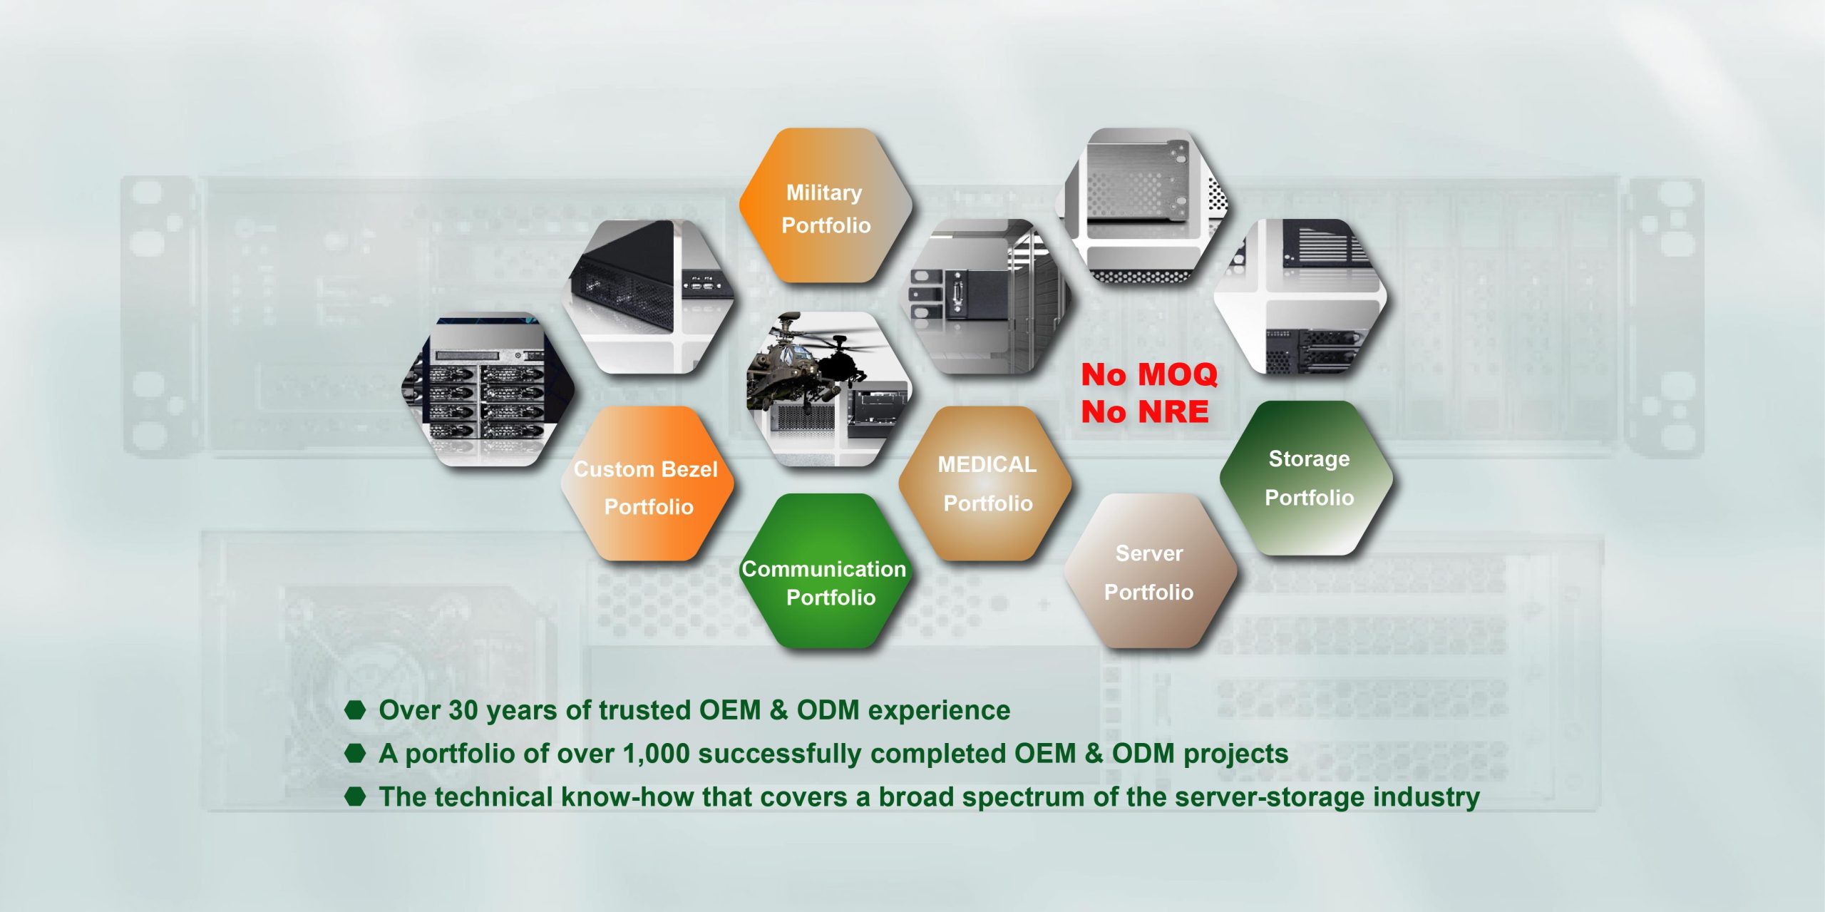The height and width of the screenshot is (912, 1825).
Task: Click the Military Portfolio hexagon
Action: (826, 205)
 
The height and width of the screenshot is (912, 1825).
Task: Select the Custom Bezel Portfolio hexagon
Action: (647, 483)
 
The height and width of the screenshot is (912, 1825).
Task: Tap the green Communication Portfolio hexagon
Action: (826, 571)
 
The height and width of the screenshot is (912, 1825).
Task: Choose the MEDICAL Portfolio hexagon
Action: (986, 483)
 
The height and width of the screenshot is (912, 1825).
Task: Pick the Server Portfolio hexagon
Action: (1149, 571)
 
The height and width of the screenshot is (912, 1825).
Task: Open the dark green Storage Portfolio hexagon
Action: (1307, 478)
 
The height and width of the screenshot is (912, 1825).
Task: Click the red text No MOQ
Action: (1149, 374)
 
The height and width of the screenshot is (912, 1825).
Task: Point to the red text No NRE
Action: (1145, 411)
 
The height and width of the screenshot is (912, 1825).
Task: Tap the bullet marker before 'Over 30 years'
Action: (355, 709)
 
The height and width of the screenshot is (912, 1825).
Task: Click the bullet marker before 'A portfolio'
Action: (355, 753)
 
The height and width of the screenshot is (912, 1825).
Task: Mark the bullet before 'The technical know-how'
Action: (355, 796)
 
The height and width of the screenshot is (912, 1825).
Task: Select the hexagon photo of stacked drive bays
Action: (488, 389)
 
